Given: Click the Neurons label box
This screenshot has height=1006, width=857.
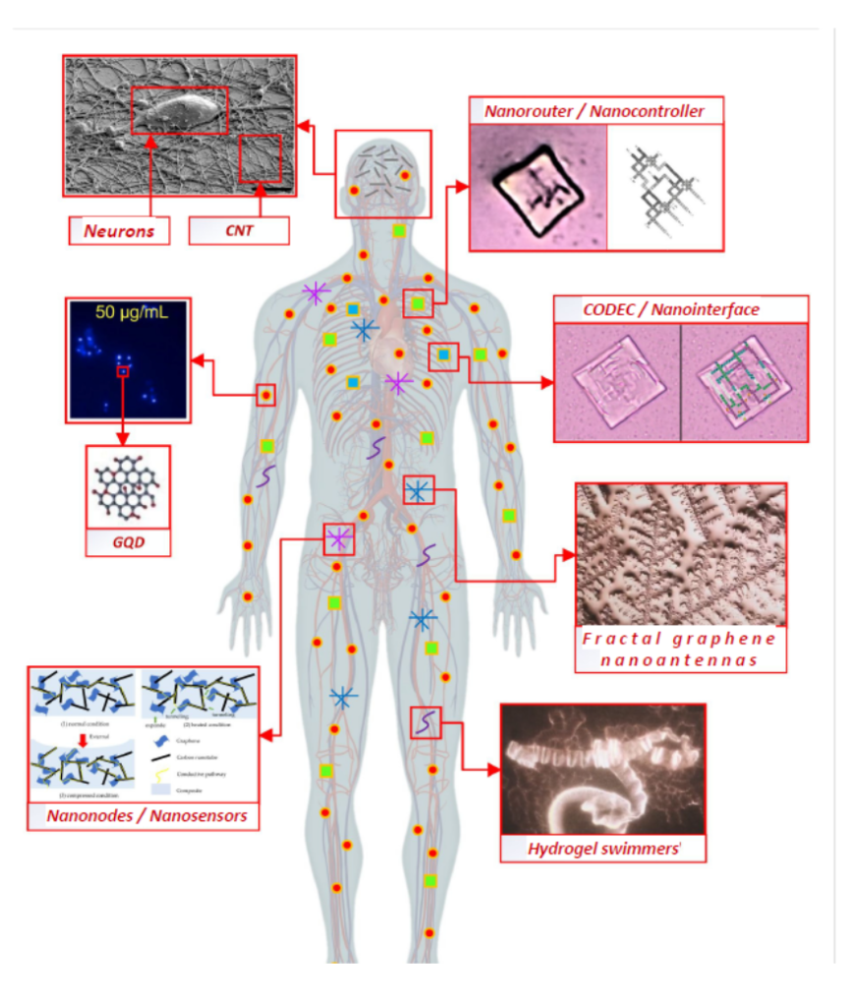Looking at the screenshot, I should (x=118, y=231).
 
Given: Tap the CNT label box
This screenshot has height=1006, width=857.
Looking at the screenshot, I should (x=239, y=231).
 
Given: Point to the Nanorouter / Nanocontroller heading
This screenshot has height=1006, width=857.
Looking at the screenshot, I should (x=595, y=110).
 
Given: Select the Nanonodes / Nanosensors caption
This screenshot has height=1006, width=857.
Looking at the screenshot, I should (x=144, y=815).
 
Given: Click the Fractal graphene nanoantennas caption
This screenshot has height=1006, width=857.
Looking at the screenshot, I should (x=679, y=648).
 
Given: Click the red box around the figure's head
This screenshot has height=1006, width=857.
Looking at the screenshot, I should (x=383, y=173).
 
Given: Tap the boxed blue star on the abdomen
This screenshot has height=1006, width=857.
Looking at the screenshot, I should (x=418, y=489).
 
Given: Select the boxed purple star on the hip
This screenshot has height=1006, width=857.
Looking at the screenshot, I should (x=338, y=538).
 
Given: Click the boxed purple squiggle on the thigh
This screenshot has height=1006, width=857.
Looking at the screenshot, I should (x=426, y=722).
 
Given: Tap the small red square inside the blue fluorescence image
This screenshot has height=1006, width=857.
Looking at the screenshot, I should (x=123, y=371).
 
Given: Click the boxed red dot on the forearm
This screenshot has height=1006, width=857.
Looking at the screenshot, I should (x=265, y=395).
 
